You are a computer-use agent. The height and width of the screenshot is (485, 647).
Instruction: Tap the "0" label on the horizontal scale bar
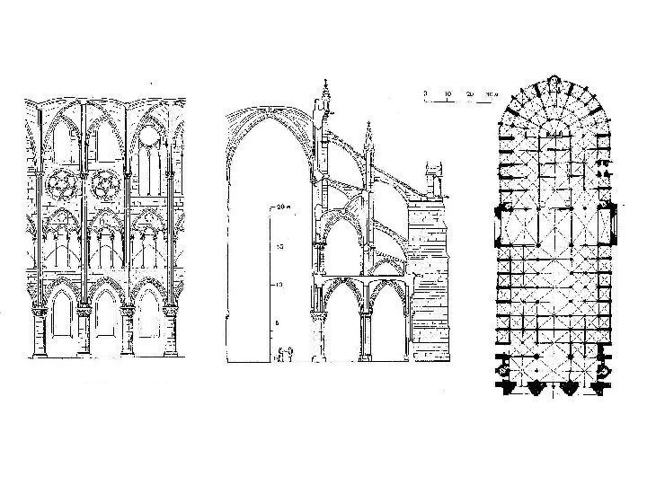pos(426,93)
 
